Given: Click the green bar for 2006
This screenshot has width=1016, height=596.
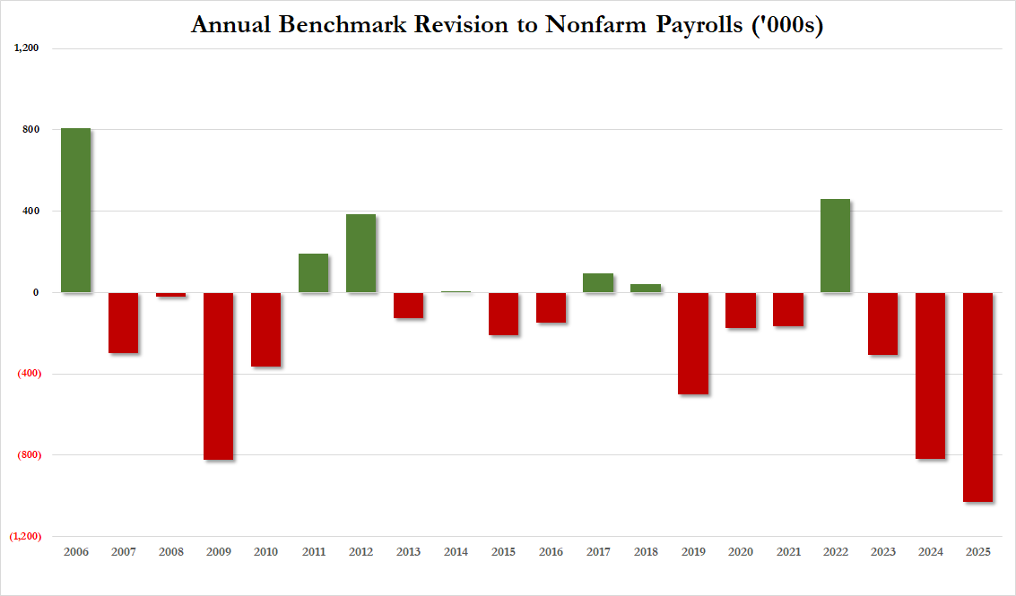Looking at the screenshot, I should (75, 211).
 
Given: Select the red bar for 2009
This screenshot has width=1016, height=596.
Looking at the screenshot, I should (219, 376).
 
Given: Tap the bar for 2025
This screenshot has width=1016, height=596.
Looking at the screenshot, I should (977, 397).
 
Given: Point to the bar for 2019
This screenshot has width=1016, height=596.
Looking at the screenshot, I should (693, 343).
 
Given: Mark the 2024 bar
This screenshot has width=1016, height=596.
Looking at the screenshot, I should (930, 376).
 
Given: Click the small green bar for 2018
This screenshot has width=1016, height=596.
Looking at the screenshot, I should (646, 289).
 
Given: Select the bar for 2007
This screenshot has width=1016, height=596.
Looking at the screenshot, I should (124, 323).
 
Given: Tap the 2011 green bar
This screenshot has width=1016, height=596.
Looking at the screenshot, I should (313, 273).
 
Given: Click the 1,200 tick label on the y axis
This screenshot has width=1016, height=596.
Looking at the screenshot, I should (27, 48).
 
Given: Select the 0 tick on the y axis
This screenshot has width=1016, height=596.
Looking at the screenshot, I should (36, 292).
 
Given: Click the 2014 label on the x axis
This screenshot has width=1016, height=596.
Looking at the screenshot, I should (456, 552).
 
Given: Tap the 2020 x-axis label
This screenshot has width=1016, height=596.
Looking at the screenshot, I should (740, 552).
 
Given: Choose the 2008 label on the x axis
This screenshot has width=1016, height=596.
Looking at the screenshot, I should (170, 552).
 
